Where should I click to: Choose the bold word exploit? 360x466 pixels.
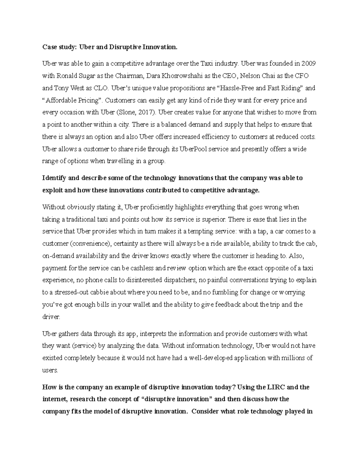[52, 190]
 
